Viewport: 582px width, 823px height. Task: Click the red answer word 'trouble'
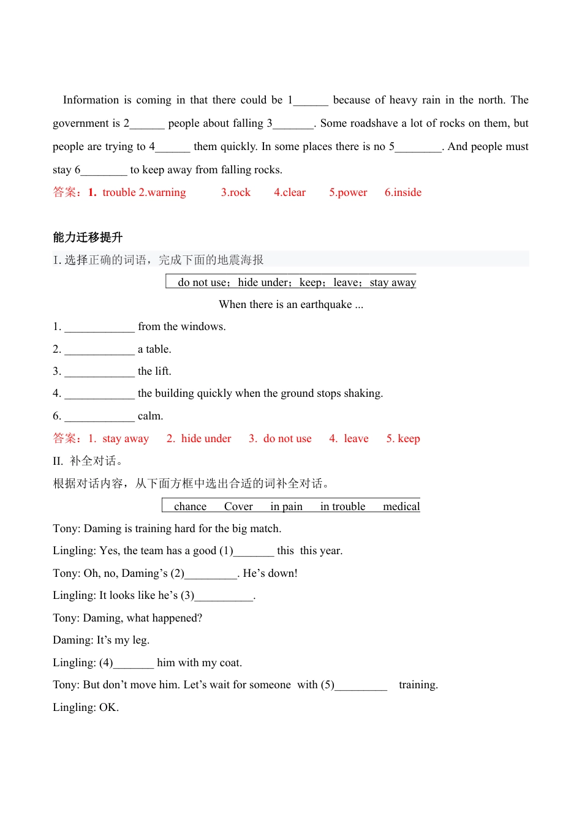119,192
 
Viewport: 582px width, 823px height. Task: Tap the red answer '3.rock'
236,192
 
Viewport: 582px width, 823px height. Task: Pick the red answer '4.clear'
290,192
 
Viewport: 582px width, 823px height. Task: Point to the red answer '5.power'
348,192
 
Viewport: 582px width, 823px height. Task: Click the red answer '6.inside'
403,192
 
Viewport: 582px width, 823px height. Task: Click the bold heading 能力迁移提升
88,238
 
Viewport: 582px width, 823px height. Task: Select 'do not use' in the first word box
202,282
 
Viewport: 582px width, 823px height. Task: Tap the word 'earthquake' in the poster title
326,304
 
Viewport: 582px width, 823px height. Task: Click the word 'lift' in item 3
162,371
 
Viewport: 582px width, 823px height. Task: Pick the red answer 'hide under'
206,438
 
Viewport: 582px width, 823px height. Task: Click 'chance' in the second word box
190,506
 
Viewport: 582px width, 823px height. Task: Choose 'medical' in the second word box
401,506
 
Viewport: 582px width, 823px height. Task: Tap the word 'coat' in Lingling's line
230,663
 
